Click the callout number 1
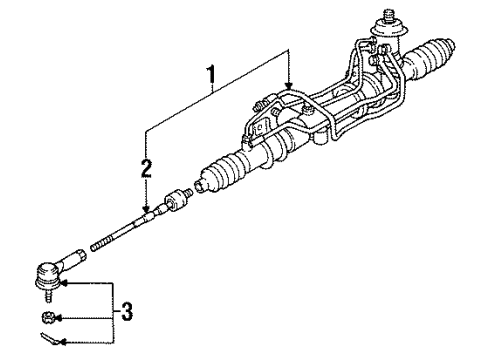(x=210, y=76)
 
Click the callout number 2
(x=146, y=168)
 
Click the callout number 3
(x=127, y=312)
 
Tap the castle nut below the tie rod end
(x=47, y=317)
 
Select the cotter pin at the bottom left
(x=49, y=338)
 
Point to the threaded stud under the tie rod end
(x=49, y=295)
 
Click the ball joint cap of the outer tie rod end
(x=47, y=275)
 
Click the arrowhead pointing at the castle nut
(x=57, y=319)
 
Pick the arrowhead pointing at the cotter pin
(x=62, y=342)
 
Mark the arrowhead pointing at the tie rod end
(x=64, y=283)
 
